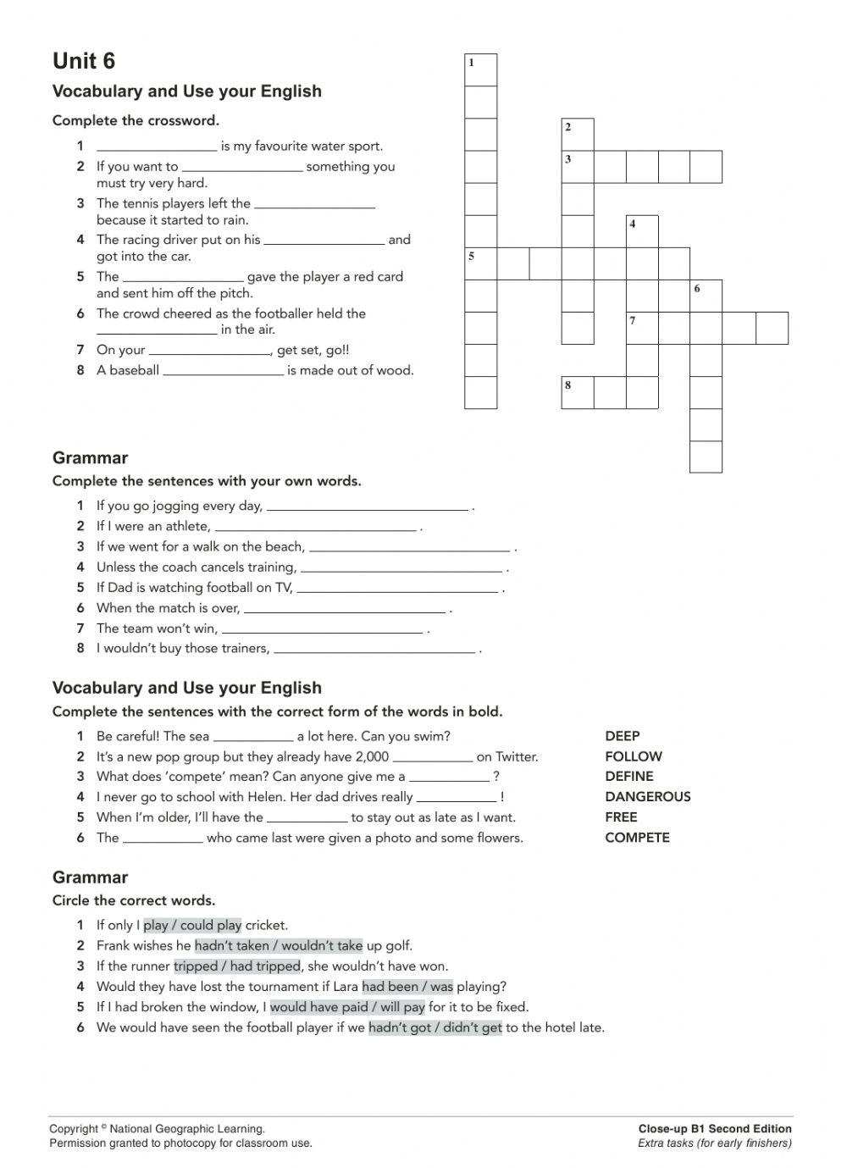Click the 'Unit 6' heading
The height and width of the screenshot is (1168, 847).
[84, 61]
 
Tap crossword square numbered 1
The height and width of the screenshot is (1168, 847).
[481, 70]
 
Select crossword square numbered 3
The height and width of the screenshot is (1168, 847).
[578, 167]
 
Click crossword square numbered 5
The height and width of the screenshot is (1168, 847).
[481, 263]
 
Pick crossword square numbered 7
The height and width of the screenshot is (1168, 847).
[642, 328]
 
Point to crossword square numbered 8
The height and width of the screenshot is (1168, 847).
[578, 392]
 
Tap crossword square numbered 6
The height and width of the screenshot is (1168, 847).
[706, 296]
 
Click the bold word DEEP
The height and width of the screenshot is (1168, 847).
[623, 736]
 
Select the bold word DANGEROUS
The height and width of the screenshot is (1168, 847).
[648, 797]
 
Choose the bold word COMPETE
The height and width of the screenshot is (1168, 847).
[637, 838]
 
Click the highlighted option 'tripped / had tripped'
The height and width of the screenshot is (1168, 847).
[237, 966]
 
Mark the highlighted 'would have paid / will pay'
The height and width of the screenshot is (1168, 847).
[347, 1007]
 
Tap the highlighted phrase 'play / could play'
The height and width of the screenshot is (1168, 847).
[192, 926]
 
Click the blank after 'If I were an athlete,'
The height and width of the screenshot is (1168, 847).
[315, 527]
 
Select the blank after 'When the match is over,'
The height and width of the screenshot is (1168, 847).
[344, 608]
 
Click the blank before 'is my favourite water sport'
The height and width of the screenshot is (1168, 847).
[157, 147]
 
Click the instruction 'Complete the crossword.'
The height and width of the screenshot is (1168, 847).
[136, 120]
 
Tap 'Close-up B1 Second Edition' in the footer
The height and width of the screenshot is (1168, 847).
[715, 1128]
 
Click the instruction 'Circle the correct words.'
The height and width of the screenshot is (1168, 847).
[134, 900]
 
